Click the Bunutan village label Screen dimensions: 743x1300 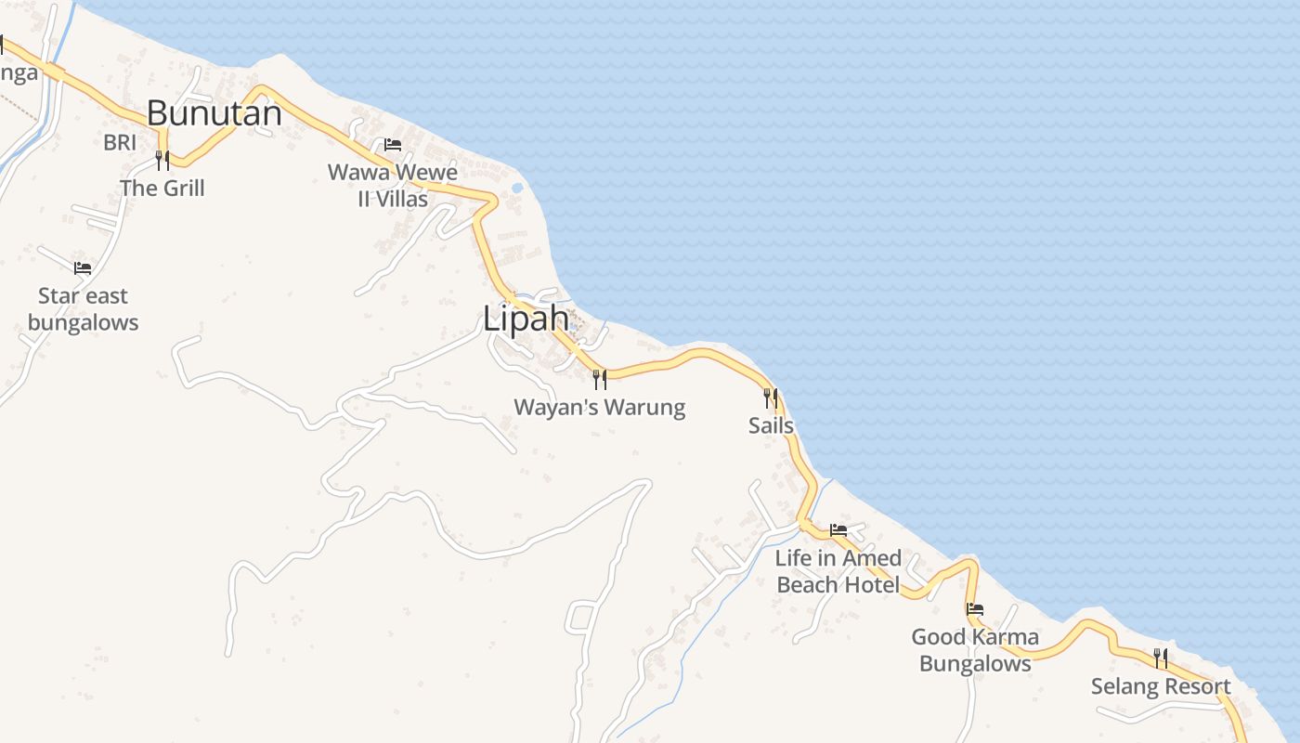214,113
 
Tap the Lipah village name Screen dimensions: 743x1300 526,319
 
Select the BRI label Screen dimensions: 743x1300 120,142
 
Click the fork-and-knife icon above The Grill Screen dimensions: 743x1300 162,161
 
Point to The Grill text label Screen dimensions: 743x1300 162,188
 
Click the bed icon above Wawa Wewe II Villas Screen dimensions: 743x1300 393,145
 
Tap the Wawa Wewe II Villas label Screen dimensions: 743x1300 393,186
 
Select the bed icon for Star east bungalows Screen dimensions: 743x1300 83,268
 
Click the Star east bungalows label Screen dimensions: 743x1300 83,309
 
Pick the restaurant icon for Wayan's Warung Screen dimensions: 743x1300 600,379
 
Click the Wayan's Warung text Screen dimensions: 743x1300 600,407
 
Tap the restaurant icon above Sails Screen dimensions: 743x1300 771,398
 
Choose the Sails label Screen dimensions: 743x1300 771,425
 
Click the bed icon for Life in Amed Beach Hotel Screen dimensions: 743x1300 838,530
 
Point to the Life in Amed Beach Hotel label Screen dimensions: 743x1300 838,571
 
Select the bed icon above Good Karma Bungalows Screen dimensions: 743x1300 975,609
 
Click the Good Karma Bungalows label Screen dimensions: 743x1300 975,650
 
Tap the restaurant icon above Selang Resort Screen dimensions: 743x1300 1161,658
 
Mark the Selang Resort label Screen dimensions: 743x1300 1161,686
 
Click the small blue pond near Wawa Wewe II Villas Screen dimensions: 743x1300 516,188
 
